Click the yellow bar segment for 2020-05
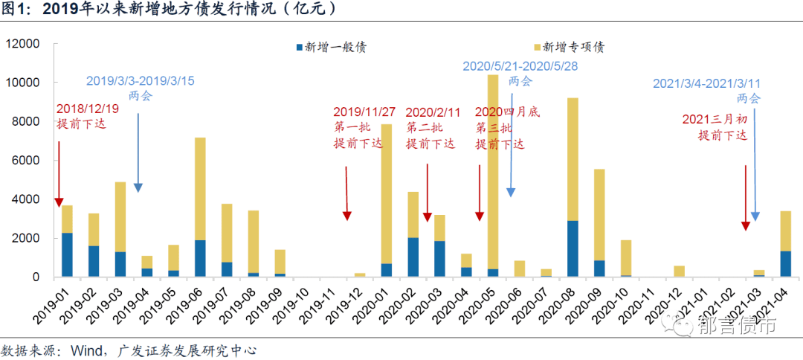[x=492, y=171]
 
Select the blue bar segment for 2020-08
[x=572, y=248]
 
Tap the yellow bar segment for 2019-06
[x=200, y=189]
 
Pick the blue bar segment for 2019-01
[x=67, y=254]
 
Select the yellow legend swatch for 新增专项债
[x=538, y=48]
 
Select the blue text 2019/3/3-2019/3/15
[x=141, y=81]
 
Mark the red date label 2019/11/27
[x=364, y=112]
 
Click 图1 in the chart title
[x=16, y=10]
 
